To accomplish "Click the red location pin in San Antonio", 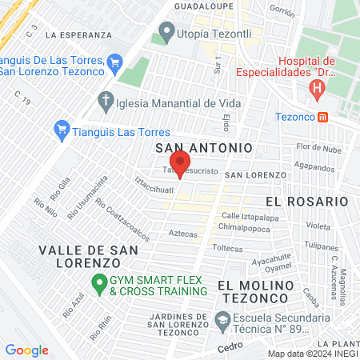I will (180, 162).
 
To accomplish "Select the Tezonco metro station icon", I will (322, 117).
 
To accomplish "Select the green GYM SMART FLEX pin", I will (99, 282).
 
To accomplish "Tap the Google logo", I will (26, 350).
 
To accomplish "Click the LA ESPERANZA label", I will (78, 35).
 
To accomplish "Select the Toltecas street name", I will (227, 249).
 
